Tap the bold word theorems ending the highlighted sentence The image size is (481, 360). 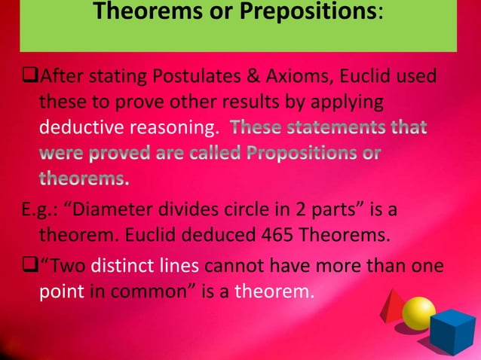point(83,179)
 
